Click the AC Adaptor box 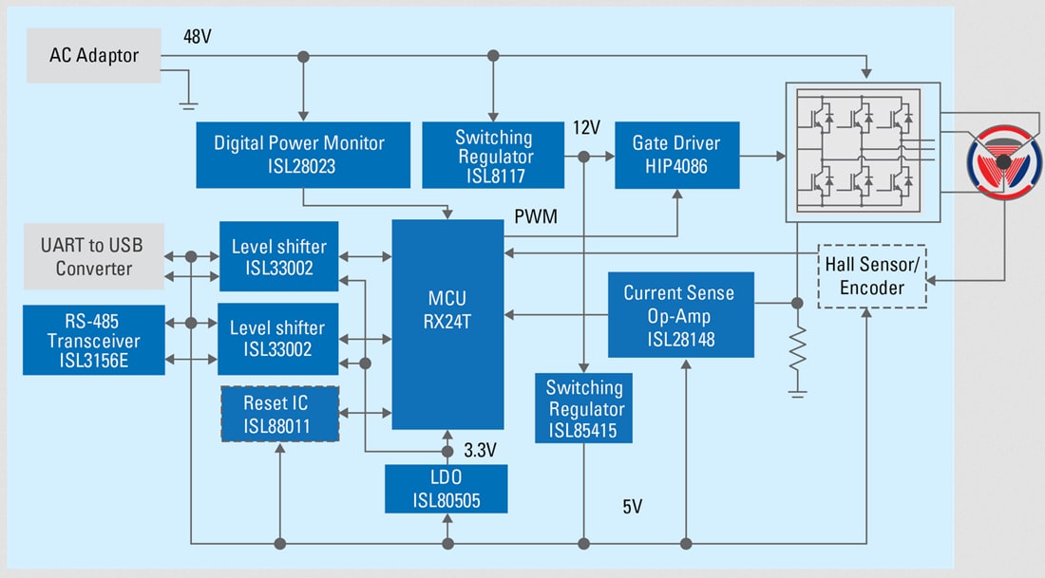[93, 55]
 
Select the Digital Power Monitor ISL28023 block [299, 154]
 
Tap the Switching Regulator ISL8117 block [493, 155]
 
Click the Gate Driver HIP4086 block [675, 154]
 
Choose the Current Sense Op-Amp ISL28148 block [679, 314]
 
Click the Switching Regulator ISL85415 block [584, 409]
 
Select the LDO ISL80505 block [446, 489]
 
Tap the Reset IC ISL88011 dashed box [278, 414]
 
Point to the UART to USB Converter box [93, 256]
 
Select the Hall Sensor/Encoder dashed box [871, 276]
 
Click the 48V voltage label [198, 36]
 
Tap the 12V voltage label [586, 127]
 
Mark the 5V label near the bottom [633, 507]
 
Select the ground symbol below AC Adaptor [189, 102]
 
